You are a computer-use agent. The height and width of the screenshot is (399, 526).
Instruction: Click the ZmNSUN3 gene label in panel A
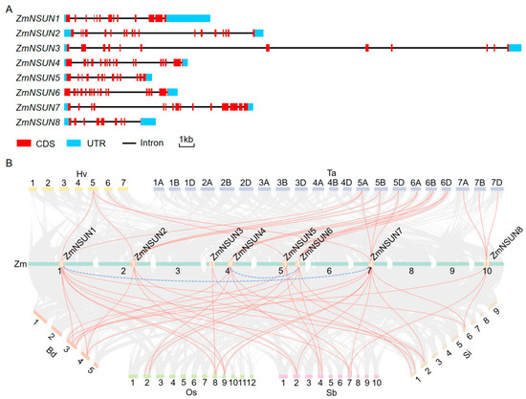coord(38,48)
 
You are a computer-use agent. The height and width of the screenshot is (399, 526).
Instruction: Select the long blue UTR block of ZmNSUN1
coord(188,18)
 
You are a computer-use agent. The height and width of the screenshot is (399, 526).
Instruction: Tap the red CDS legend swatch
coord(24,144)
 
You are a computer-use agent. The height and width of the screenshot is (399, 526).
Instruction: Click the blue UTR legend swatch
coord(74,144)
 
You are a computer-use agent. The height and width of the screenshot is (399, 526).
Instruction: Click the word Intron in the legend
coord(152,143)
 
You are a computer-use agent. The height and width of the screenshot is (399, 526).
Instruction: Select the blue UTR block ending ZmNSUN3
coord(515,48)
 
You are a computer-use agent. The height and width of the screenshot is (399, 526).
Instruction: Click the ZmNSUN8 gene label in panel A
coord(38,122)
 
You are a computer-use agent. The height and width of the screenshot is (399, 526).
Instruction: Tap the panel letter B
coord(9,164)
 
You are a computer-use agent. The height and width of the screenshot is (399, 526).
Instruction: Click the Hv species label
coord(82,174)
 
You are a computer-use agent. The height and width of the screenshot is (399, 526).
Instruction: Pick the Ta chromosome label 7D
coord(496,183)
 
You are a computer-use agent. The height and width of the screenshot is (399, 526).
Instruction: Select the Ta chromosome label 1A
coord(159,183)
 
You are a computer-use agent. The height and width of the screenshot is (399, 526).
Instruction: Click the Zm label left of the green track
coord(20,264)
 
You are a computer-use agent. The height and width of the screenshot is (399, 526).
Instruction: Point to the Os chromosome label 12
coord(252,383)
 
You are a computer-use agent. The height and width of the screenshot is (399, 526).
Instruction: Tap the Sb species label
coord(332,392)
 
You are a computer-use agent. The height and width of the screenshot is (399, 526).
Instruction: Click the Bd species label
coord(52,352)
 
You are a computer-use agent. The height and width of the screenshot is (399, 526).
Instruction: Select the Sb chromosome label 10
coord(377,383)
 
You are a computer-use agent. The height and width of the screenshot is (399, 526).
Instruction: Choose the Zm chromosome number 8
coord(411,271)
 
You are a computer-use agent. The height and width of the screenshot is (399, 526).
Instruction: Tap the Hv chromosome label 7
coord(123,183)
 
